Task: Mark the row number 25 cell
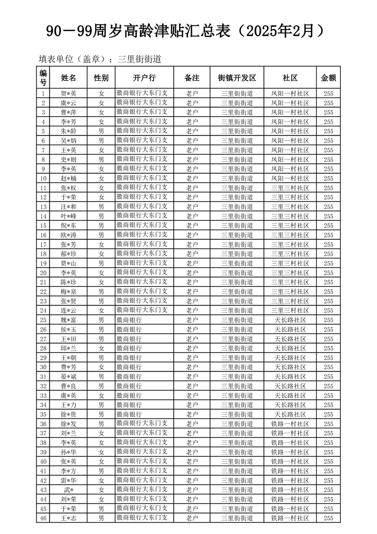[x=43, y=320]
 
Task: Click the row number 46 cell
[x=43, y=518]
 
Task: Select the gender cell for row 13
[x=101, y=207]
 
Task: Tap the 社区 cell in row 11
[x=290, y=188]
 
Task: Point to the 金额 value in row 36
[x=329, y=424]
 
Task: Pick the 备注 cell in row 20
[x=192, y=273]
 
